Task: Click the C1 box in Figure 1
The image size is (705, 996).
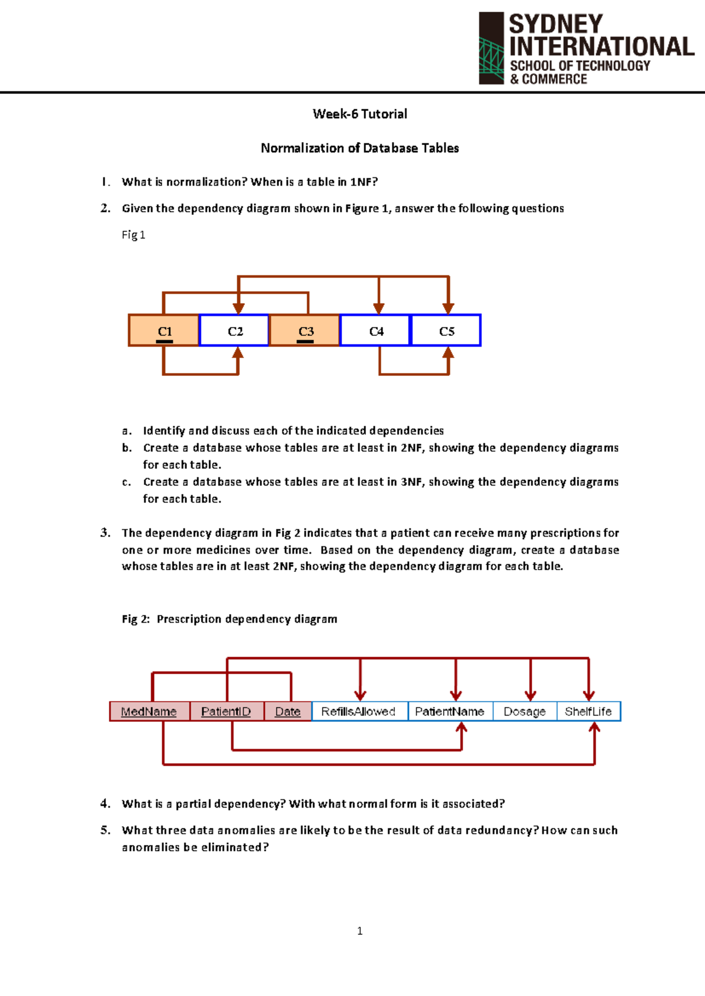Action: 164,331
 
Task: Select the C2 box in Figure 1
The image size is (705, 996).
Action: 234,331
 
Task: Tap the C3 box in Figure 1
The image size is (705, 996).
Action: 305,331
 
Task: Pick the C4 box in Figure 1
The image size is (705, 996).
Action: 375,331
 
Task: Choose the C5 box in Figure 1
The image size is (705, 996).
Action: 446,331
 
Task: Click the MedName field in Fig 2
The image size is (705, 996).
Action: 149,711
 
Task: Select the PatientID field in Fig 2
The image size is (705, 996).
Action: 226,711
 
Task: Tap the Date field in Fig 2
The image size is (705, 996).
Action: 288,711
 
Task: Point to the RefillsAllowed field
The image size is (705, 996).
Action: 359,711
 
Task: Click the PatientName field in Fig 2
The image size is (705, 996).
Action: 450,711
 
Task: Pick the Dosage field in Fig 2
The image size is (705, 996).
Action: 525,711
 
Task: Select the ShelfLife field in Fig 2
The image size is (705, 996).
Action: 588,711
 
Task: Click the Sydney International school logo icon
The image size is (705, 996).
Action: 492,49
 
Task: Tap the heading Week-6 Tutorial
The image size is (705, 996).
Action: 360,114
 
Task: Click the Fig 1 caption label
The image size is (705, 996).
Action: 133,235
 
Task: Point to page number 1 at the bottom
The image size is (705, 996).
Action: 360,931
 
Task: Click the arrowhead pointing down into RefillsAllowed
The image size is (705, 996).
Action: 360,695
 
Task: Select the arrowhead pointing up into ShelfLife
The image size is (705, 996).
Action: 595,728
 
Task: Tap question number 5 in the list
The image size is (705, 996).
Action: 105,830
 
